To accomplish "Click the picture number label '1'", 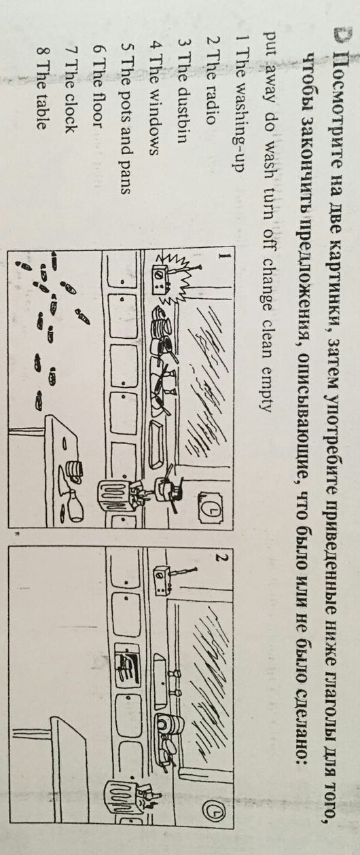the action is tap(226, 256).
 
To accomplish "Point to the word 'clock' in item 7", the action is tap(69, 114).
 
